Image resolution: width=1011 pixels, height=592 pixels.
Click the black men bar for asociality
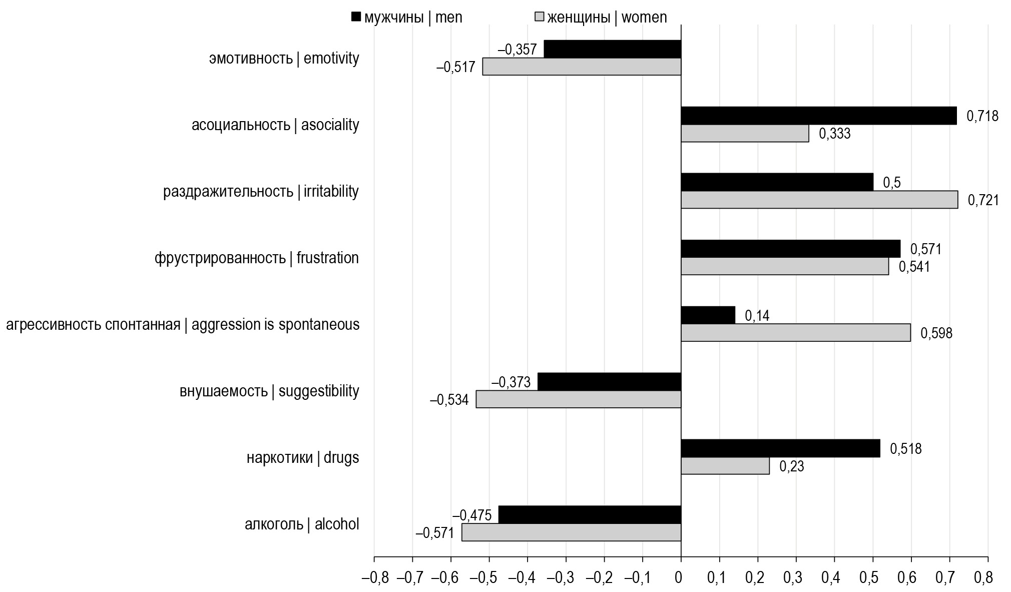818,116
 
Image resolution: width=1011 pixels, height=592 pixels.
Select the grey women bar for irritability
819,200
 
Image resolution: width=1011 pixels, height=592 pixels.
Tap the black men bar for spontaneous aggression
708,315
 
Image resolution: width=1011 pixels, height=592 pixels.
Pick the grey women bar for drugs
725,466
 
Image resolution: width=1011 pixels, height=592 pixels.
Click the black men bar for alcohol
590,514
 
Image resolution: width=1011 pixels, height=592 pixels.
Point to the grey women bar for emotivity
582,67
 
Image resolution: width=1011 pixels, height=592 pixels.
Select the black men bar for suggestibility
609,381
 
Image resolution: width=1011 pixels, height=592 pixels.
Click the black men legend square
356,17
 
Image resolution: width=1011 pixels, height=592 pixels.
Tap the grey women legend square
540,17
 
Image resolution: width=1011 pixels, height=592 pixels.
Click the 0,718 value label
982,116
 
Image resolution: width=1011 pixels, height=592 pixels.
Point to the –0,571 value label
434,533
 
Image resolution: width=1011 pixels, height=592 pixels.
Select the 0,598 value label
936,333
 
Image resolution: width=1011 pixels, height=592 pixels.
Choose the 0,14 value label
757,316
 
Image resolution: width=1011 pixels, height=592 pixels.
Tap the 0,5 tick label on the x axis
872,578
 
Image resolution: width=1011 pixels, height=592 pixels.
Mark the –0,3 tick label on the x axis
567,578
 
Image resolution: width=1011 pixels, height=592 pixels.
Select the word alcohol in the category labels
337,524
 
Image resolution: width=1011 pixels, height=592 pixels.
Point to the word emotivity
331,59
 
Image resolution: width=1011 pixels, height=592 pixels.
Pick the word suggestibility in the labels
319,391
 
